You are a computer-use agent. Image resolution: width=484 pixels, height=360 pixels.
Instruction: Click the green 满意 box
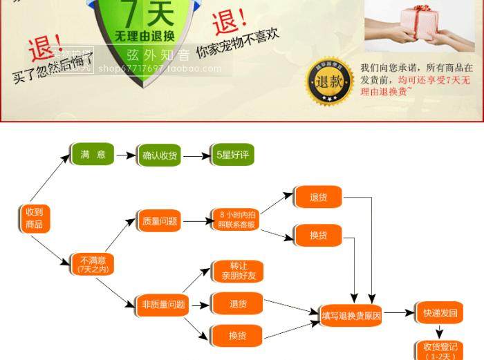93,154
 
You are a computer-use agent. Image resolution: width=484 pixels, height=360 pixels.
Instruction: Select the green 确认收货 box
160,155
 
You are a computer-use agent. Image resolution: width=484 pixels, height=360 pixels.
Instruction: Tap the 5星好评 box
232,155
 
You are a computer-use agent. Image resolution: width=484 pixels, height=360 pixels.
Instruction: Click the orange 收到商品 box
34,218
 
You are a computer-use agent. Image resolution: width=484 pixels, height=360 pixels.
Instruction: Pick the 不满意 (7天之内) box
92,264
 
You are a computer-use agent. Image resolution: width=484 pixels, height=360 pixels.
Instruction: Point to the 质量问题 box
159,221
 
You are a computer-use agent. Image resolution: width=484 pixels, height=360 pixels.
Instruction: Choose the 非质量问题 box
163,304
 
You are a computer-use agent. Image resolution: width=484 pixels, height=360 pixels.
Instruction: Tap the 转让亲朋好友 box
237,271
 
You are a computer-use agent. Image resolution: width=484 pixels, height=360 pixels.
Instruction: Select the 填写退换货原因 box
351,314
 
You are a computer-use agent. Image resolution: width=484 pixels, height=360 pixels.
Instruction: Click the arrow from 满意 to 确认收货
126,155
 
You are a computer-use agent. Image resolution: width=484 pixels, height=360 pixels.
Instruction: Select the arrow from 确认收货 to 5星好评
196,156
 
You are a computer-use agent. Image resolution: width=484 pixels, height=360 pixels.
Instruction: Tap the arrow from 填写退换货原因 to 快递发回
400,313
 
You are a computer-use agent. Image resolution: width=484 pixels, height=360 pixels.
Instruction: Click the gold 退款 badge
330,81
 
